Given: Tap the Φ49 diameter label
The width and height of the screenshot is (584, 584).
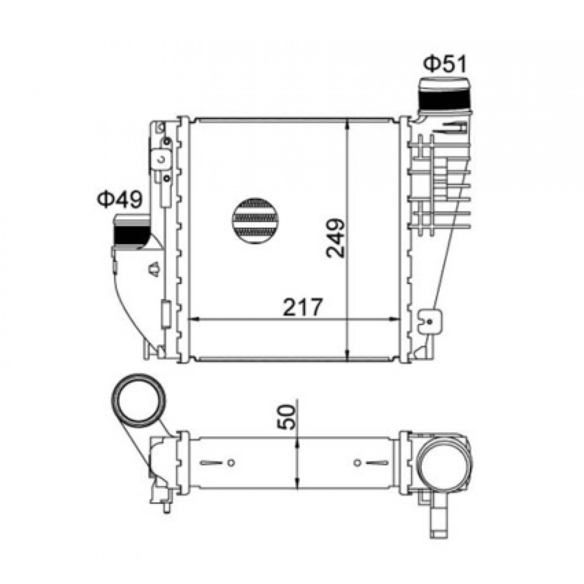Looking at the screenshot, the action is point(119,199).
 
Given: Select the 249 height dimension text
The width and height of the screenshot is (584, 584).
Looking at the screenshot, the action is point(335,238).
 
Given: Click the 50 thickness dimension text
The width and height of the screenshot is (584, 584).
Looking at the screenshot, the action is point(286,417).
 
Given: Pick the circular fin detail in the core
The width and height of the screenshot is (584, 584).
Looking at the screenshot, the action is point(255,221).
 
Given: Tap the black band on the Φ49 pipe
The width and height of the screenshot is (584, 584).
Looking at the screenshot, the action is point(131,235).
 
